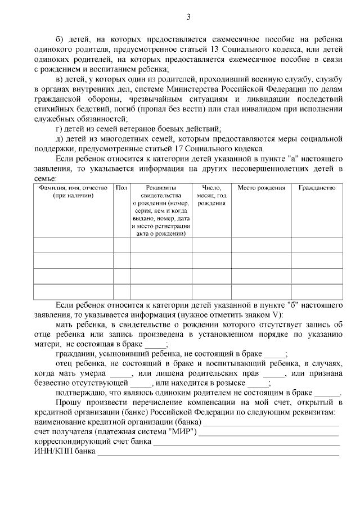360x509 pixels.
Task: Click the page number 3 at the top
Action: [188, 17]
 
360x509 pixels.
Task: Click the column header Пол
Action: [121, 188]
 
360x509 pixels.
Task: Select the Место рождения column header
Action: [261, 188]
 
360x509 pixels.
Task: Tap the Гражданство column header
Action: [317, 188]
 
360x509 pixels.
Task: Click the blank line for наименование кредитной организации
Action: [271, 422]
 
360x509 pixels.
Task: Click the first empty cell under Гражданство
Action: [317, 245]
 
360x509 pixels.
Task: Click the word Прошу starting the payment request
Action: [70, 404]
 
